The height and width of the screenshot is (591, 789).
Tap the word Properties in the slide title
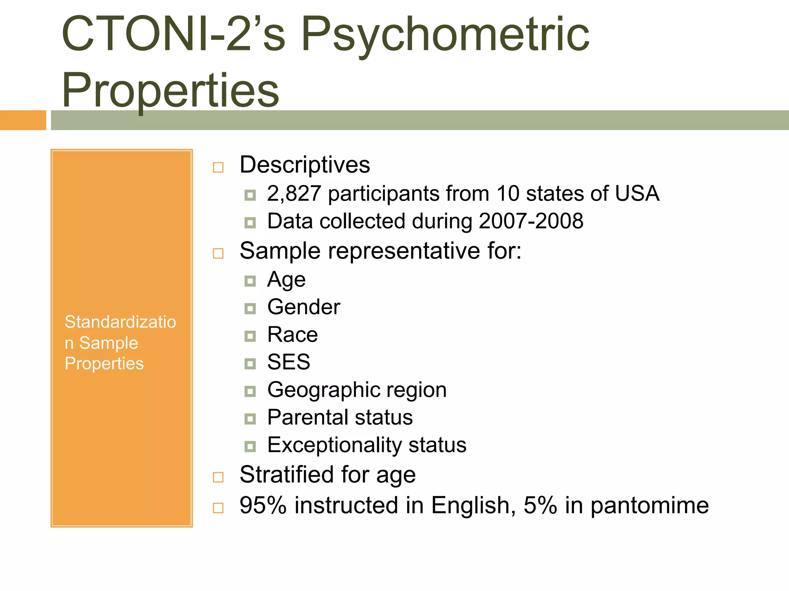tap(170, 91)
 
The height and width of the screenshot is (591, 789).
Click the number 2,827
tap(294, 193)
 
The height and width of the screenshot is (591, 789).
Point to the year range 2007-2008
tap(531, 221)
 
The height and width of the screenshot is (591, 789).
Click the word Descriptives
tap(305, 165)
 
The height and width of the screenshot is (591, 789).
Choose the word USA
tap(637, 193)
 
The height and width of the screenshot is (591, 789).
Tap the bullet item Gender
tap(304, 307)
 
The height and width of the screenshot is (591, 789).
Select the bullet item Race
tap(292, 334)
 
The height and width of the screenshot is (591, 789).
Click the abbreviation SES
tap(289, 362)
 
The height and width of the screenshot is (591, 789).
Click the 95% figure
tap(263, 505)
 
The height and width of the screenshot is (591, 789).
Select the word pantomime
tap(650, 505)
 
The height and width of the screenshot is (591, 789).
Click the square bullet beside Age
tap(250, 281)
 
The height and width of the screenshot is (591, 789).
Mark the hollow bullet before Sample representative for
tap(218, 254)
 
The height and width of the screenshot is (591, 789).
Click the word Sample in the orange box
tap(109, 343)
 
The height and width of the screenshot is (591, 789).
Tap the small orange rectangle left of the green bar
tap(23, 120)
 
